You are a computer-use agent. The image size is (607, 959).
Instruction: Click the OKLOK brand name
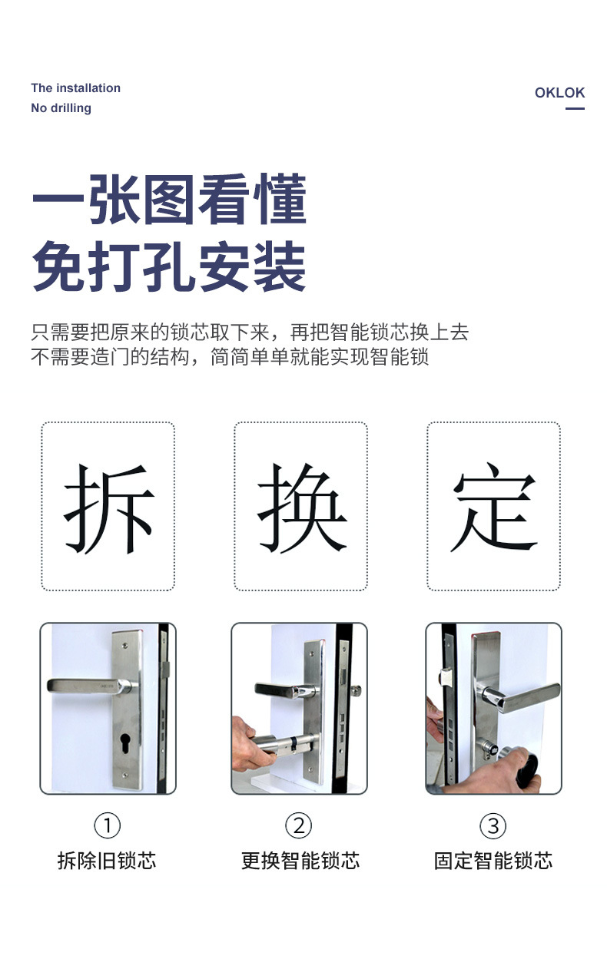(x=559, y=92)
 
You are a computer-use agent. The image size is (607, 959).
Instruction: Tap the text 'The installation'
(x=76, y=88)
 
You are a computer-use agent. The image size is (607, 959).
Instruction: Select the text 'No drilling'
(x=61, y=108)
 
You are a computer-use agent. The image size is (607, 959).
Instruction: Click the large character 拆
(x=109, y=508)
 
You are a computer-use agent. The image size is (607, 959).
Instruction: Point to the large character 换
(x=301, y=508)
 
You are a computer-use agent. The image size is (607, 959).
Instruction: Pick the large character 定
(x=494, y=508)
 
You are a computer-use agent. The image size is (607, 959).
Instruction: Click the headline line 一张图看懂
(x=169, y=199)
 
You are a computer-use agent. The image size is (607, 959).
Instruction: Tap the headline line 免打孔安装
(x=169, y=266)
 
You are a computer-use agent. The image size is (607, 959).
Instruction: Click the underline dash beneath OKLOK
(x=575, y=108)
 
